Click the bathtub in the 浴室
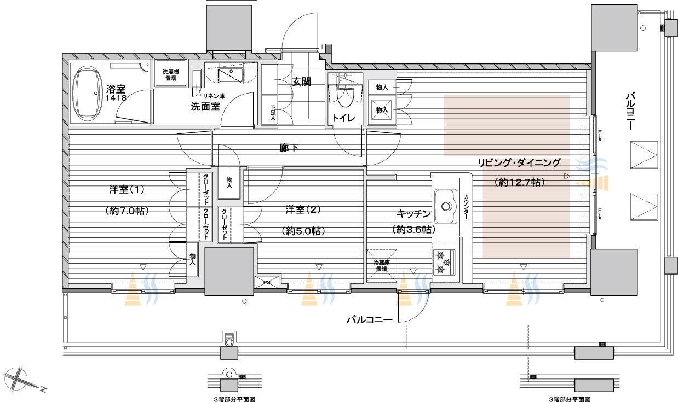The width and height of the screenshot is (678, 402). (87, 94)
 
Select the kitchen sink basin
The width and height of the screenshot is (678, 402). (446, 206)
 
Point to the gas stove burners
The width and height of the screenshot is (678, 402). (444, 263)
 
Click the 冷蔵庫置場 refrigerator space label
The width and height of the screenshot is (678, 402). (381, 266)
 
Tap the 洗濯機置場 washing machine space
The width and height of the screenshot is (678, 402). (171, 75)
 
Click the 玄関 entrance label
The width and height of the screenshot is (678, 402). (301, 81)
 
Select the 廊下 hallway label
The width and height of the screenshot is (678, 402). (289, 148)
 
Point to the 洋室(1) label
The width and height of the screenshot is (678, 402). (127, 189)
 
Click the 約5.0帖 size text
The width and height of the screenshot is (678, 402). (303, 231)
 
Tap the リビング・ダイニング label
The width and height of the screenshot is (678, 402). (519, 162)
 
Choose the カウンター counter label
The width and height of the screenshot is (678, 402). (466, 207)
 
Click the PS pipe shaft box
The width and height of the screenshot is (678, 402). (267, 282)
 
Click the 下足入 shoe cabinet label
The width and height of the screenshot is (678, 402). (273, 113)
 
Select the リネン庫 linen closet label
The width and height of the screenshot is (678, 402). (214, 96)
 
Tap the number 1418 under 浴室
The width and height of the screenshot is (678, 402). (116, 97)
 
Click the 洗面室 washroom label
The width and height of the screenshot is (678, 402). (205, 107)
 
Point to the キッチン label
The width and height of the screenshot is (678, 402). (413, 214)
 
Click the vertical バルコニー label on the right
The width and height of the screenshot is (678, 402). (630, 111)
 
